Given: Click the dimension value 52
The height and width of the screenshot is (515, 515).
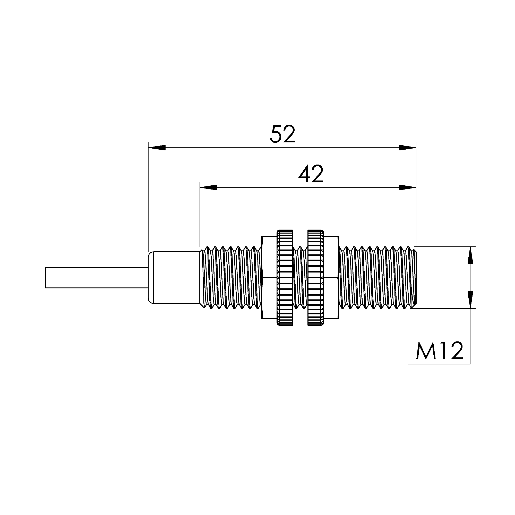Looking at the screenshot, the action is [x=282, y=134].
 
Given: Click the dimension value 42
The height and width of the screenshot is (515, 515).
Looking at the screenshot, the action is [x=311, y=174].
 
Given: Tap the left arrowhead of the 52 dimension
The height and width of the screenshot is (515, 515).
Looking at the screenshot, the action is [x=157, y=148].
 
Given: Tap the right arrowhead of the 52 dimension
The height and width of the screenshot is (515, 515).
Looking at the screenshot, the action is [x=407, y=148].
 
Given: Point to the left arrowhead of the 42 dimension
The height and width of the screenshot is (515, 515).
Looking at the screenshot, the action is [x=209, y=188].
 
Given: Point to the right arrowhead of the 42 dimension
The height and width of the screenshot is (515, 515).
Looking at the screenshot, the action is [x=407, y=188].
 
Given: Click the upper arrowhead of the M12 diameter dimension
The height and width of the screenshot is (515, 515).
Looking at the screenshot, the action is [x=470, y=255].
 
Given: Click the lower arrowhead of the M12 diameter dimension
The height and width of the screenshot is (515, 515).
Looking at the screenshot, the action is [x=470, y=300].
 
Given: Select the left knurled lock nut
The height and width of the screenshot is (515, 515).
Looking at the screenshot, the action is [x=285, y=278].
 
